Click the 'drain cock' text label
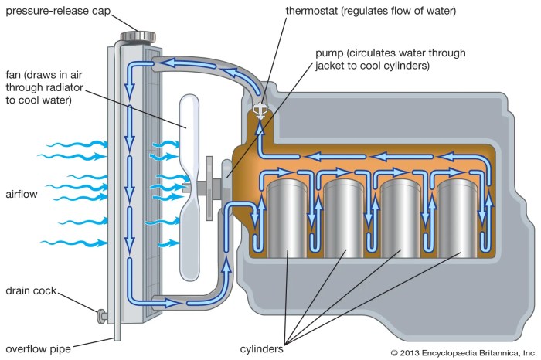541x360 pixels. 29,291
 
